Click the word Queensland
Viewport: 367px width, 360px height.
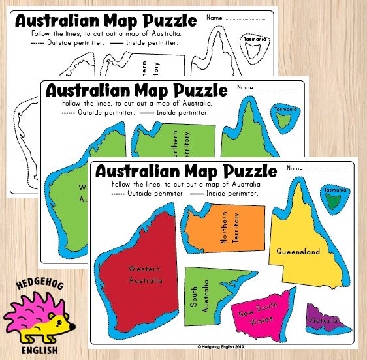tap(298, 251)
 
